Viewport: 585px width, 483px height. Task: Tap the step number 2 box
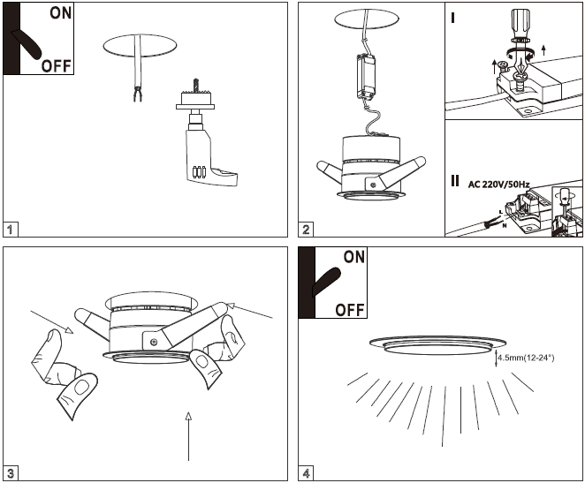[x=306, y=230]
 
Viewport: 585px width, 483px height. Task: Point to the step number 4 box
[x=306, y=472]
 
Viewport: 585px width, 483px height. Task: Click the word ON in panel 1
[x=60, y=14]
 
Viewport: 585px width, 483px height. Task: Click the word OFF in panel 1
[x=56, y=64]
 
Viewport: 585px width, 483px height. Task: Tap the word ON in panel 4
[x=353, y=258]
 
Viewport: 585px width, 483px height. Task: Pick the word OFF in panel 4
[x=350, y=308]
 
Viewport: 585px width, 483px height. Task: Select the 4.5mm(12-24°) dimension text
[x=528, y=358]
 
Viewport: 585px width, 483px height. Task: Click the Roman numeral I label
[x=452, y=18]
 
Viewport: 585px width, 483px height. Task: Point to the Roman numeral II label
[x=454, y=182]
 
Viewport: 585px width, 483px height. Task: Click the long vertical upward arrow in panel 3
[x=189, y=433]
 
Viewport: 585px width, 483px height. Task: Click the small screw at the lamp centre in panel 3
[x=154, y=342]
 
